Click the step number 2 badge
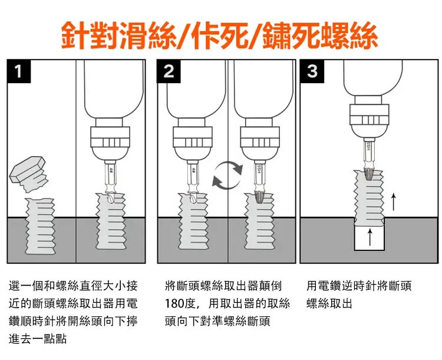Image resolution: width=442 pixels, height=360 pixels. click(169, 72)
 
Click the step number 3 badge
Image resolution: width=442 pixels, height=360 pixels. click(312, 72)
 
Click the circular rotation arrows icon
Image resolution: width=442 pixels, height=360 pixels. click(227, 176)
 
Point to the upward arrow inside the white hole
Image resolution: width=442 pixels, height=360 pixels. click(370, 237)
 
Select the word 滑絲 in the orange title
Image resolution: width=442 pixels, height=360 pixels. click(146, 37)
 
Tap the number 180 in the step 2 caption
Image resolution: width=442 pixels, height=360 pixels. click(175, 304)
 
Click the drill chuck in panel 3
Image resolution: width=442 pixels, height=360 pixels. click(369, 120)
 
